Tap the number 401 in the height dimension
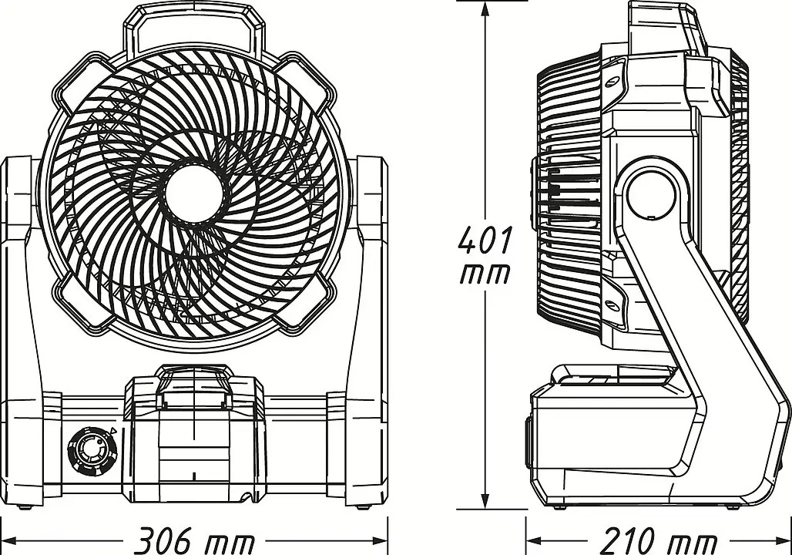pyautogui.click(x=485, y=240)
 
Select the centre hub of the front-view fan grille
pyautogui.click(x=194, y=193)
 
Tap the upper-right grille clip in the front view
pyautogui.click(x=306, y=82)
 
